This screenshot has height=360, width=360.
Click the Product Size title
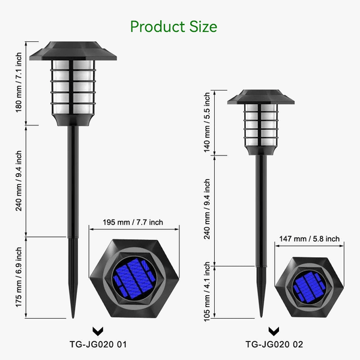pos(173,26)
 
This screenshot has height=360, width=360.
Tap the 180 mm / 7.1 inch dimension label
pos(19,83)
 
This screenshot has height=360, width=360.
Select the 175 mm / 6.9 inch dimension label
pos(19,276)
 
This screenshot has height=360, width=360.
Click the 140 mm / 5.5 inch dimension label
pos(207,122)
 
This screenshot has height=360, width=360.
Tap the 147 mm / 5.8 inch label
pos(309,238)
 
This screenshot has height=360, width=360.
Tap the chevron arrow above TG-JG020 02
pos(274,331)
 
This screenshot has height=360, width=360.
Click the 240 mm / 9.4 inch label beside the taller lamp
pos(19,180)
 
